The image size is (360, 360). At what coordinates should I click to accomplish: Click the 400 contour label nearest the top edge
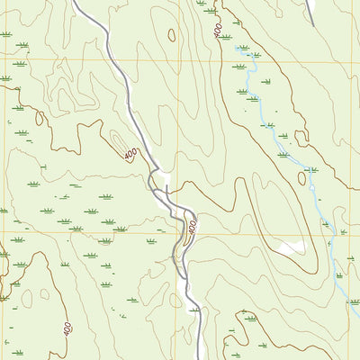pyautogui.click(x=219, y=30)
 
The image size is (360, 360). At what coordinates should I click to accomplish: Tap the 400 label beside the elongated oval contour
pyautogui.click(x=132, y=155)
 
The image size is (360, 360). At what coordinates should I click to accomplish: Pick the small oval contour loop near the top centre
pyautogui.click(x=172, y=35)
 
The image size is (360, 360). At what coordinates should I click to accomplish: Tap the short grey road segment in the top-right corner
pyautogui.click(x=310, y=11)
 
